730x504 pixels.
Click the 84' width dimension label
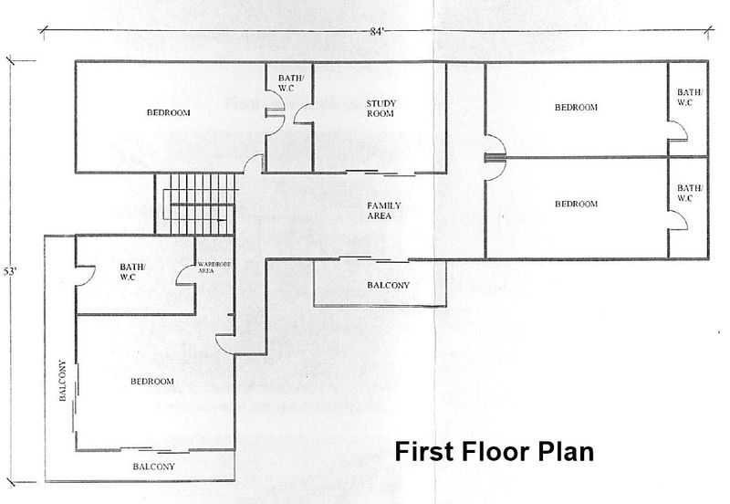(x=377, y=32)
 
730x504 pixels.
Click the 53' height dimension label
(x=10, y=271)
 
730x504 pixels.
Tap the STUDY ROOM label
(x=381, y=109)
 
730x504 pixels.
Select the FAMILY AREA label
(x=383, y=211)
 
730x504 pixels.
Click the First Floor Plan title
(x=494, y=451)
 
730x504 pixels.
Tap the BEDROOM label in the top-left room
(x=169, y=112)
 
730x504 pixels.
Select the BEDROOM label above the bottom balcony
(x=152, y=381)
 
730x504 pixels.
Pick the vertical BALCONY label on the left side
(x=62, y=381)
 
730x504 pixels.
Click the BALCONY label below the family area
(x=389, y=285)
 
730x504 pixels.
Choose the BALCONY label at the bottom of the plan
(x=153, y=467)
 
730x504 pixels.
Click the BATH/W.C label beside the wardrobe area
(x=132, y=272)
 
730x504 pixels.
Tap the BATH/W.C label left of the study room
(x=291, y=83)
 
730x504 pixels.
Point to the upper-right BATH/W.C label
(x=690, y=98)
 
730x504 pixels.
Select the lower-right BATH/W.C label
(x=690, y=193)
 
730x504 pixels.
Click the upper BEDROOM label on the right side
(x=576, y=107)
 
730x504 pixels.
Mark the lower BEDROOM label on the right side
(x=576, y=204)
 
